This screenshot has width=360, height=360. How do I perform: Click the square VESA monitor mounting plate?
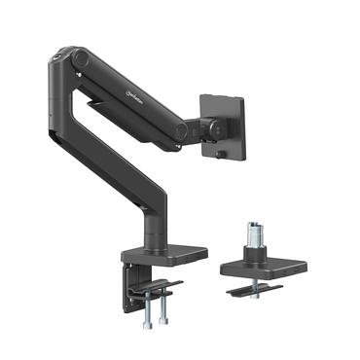click(x=223, y=125)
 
